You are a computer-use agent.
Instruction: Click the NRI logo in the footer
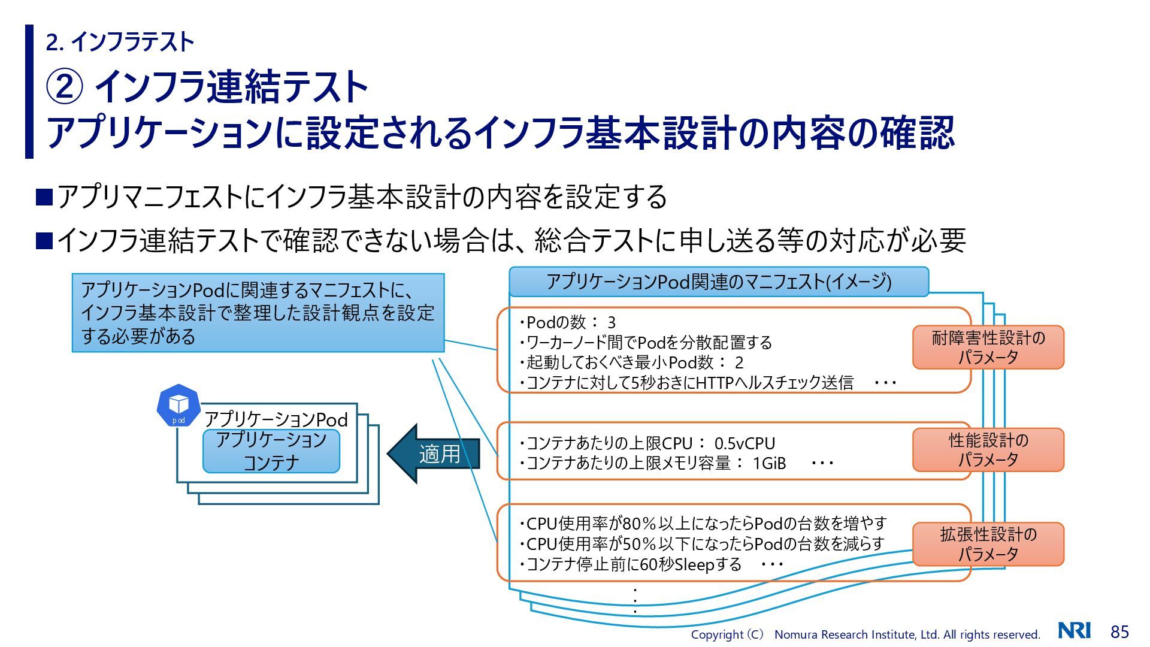pos(1074,630)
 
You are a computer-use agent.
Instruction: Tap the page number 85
pos(1119,631)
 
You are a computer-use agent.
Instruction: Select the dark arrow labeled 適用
pos(434,453)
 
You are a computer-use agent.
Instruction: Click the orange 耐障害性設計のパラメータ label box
pos(988,347)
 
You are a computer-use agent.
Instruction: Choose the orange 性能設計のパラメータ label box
pos(988,450)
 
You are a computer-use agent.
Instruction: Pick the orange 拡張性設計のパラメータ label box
pos(988,544)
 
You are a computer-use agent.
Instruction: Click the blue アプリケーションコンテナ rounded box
pos(271,451)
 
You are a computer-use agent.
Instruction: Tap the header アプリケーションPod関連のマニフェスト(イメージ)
pos(718,282)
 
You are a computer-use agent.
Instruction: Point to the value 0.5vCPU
pos(745,443)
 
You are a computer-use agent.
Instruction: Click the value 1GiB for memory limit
pos(769,463)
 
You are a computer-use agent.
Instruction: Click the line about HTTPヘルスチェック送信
pos(689,382)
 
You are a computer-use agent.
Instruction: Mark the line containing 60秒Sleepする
pos(632,564)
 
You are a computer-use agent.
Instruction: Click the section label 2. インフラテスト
pos(120,42)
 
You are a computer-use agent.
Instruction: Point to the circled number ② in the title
pos(64,87)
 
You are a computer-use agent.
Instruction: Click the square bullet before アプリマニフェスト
pos(44,196)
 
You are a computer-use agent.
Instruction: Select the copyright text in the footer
pos(865,634)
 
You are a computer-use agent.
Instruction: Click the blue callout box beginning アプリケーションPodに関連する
pos(258,313)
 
